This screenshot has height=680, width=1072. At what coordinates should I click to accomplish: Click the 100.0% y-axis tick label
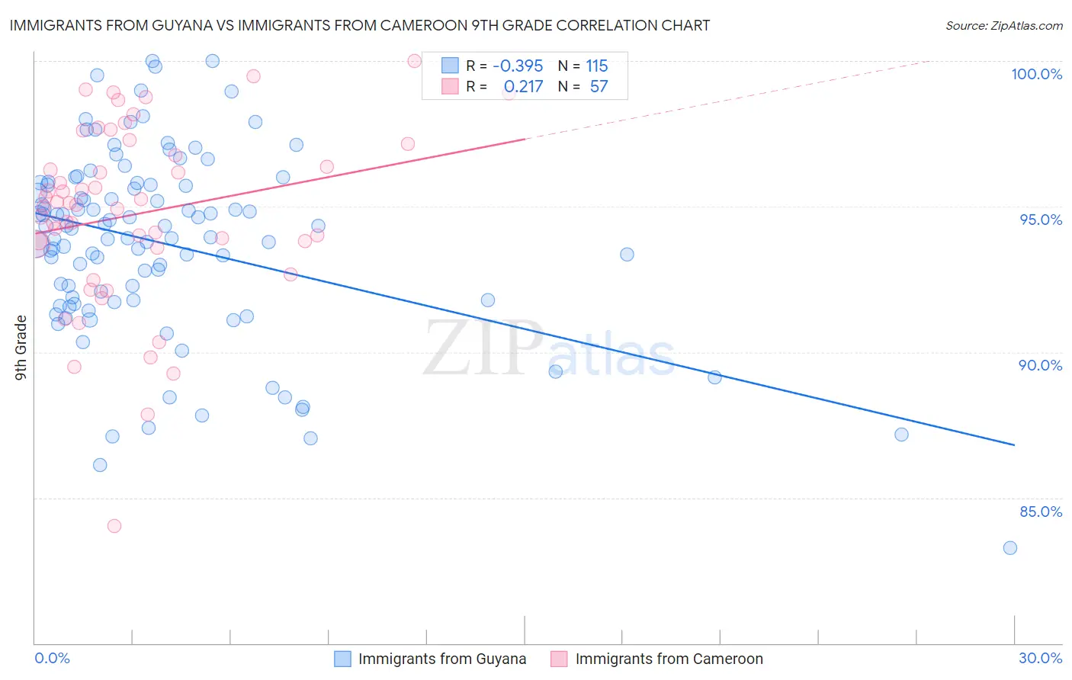(x=1036, y=74)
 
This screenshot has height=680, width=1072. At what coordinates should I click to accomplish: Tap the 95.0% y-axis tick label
(x=1041, y=220)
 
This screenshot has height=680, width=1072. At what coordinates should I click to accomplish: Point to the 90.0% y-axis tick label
(x=1040, y=365)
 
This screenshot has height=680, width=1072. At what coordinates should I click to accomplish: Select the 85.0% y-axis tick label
(x=1041, y=512)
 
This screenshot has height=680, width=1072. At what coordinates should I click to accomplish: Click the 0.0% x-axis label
(x=52, y=658)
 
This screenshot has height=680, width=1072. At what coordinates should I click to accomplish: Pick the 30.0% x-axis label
(x=1040, y=658)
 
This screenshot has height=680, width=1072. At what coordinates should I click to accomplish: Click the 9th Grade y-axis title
(x=21, y=348)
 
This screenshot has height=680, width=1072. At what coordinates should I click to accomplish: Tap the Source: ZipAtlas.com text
(x=1003, y=26)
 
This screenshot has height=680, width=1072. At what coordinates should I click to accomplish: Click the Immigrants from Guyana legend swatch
(x=343, y=659)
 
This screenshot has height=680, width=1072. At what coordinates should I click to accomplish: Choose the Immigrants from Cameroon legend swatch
(x=560, y=659)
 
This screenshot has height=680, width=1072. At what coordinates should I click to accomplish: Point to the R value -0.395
(x=518, y=66)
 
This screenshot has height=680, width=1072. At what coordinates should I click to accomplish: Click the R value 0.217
(x=523, y=87)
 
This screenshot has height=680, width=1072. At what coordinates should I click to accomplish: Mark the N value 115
(x=597, y=66)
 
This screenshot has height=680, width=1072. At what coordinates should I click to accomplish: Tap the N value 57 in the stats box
(x=599, y=87)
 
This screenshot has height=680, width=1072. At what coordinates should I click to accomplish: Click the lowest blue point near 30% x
(x=1009, y=548)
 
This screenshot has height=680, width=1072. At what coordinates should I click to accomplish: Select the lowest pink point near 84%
(x=114, y=526)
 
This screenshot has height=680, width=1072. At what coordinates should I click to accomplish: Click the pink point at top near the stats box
(x=414, y=61)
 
